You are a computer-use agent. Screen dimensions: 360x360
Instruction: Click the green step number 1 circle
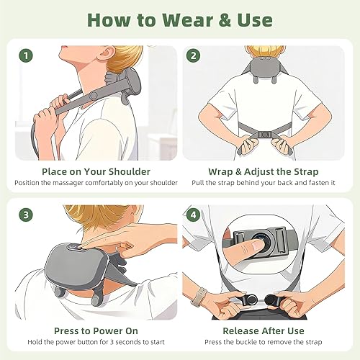26,54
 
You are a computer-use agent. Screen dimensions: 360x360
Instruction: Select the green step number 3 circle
26,215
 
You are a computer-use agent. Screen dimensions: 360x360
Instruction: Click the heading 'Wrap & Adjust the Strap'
269,171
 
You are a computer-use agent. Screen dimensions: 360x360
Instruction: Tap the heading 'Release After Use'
269,332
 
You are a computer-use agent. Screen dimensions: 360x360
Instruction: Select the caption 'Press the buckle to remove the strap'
269,344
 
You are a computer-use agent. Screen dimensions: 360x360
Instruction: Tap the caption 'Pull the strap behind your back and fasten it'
269,183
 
